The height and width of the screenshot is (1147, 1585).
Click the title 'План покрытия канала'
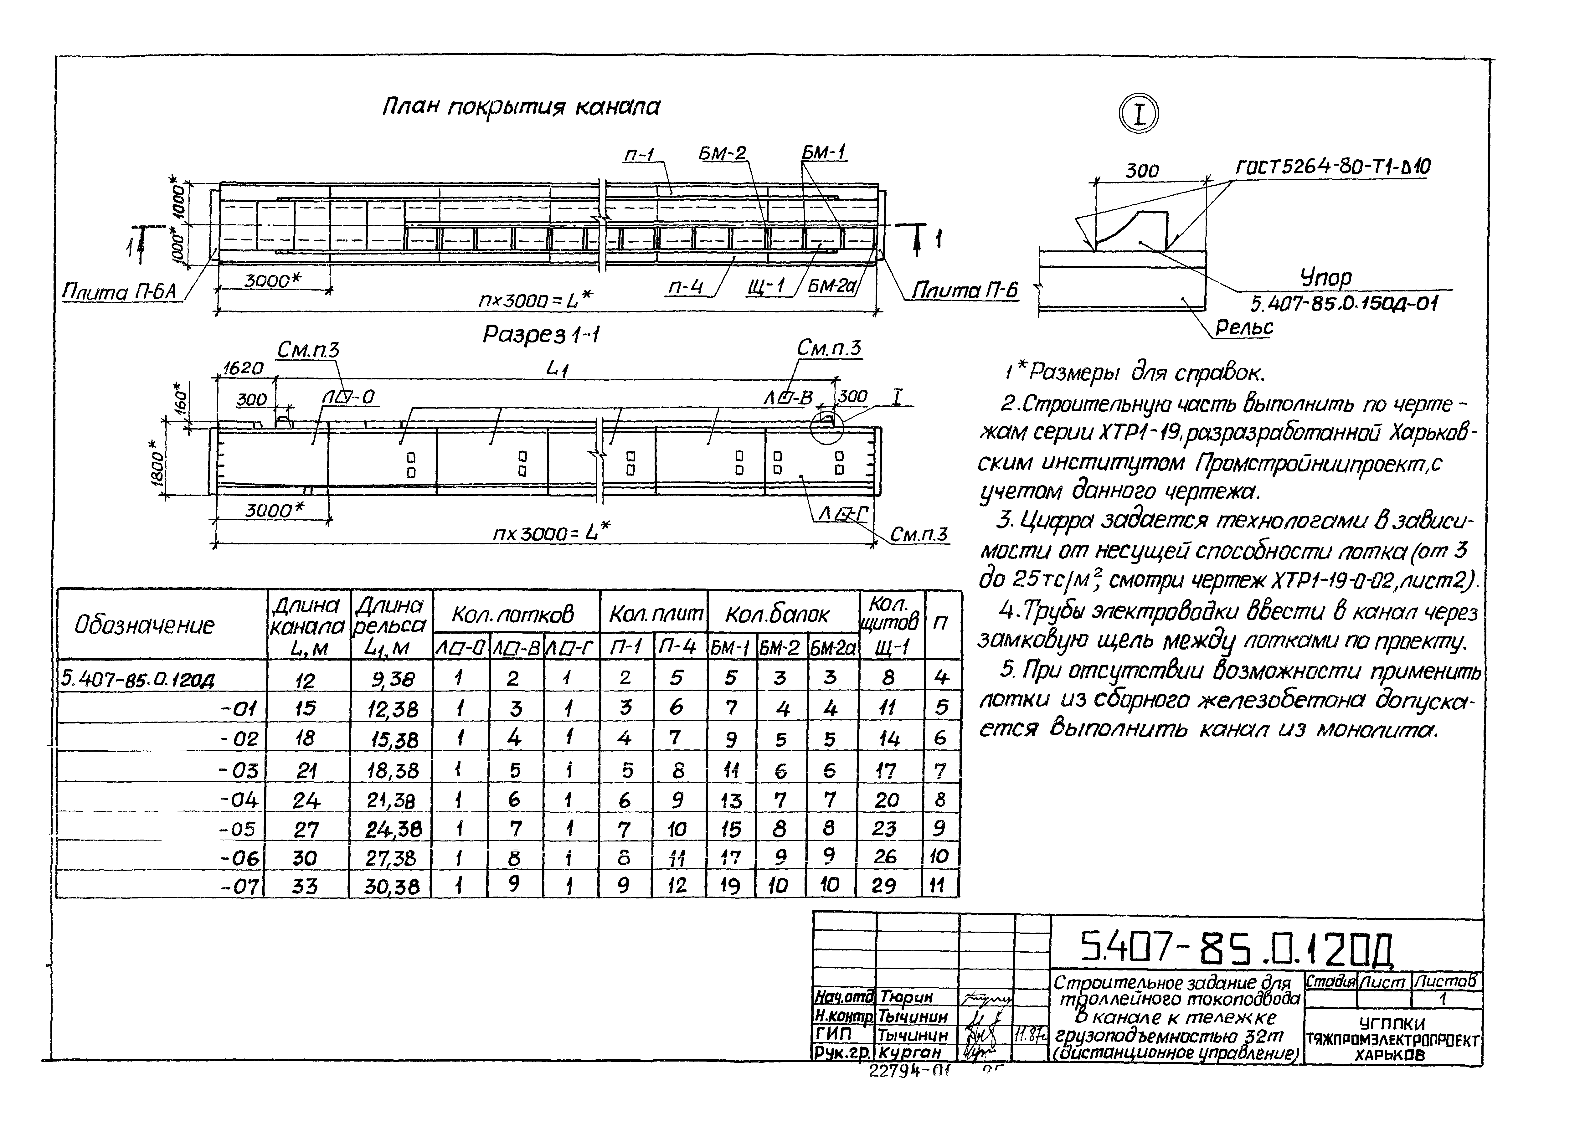point(521,107)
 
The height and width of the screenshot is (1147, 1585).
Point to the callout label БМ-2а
point(832,286)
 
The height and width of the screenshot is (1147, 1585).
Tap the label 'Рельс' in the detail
point(1244,327)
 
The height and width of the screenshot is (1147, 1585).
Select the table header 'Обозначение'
point(145,625)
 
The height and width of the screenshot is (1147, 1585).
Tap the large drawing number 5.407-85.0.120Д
point(1237,948)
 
